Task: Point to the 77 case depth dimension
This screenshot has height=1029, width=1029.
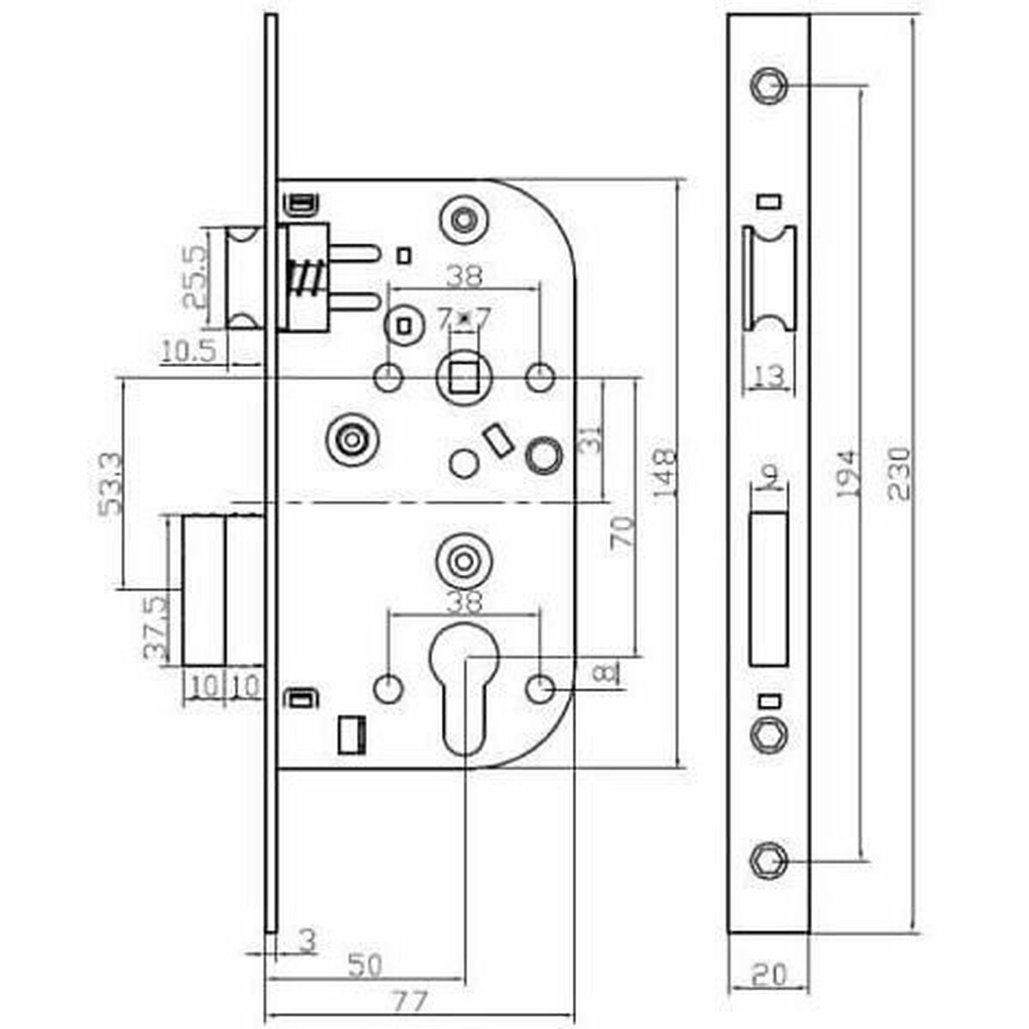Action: click(408, 1001)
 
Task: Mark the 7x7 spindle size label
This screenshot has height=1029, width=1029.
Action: click(464, 319)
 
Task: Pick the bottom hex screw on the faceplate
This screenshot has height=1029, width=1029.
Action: click(766, 860)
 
